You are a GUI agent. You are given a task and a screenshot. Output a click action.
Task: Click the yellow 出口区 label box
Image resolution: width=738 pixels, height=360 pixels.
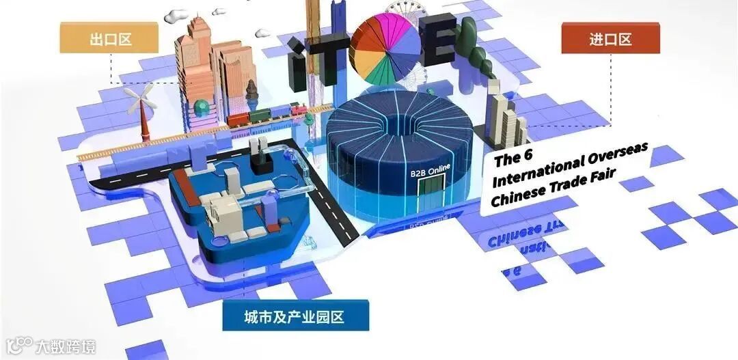tap(109, 38)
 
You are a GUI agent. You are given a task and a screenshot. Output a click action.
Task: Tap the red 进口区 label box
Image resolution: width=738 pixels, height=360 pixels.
tap(610, 38)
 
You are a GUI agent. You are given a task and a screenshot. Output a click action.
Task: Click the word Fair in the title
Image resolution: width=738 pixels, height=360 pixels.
tap(602, 177)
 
